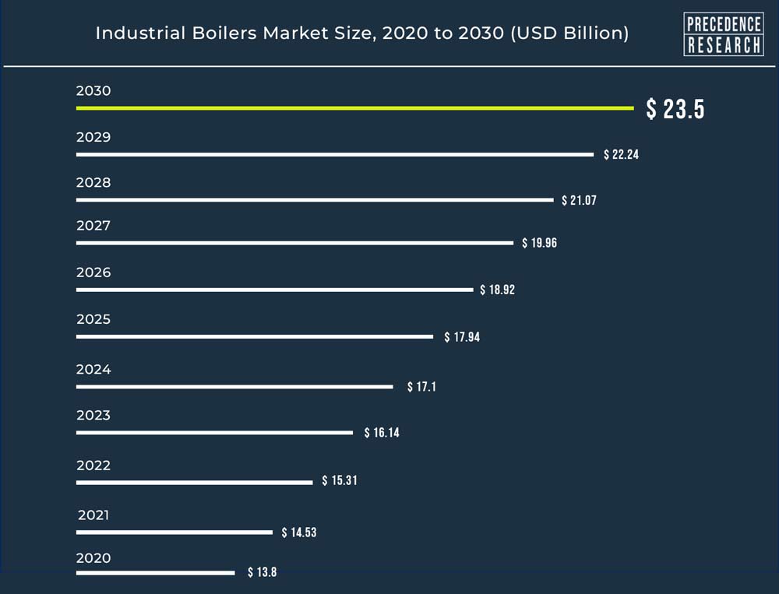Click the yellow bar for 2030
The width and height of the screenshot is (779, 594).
tap(354, 108)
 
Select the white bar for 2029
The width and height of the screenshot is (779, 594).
tap(335, 155)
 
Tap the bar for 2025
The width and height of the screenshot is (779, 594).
tap(254, 337)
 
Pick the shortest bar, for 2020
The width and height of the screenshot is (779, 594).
tap(155, 573)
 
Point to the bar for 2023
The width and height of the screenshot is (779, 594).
tap(214, 433)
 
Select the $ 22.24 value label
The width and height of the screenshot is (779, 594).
tap(621, 155)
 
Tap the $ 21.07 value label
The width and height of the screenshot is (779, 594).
tap(579, 201)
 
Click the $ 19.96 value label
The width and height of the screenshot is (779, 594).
tap(539, 244)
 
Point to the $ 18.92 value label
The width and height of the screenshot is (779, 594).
tap(497, 290)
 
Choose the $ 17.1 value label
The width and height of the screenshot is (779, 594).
tap(421, 387)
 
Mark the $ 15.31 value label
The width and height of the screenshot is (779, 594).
tap(340, 481)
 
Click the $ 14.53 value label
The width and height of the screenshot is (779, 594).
tap(299, 532)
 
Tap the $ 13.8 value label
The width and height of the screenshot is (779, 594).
tap(262, 573)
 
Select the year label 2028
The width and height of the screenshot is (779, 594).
tap(93, 183)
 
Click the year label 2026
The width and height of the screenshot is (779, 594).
tap(93, 272)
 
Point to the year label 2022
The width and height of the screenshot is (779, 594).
tap(93, 466)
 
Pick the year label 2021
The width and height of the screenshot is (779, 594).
tap(93, 515)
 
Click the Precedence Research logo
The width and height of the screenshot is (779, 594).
tap(723, 34)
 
